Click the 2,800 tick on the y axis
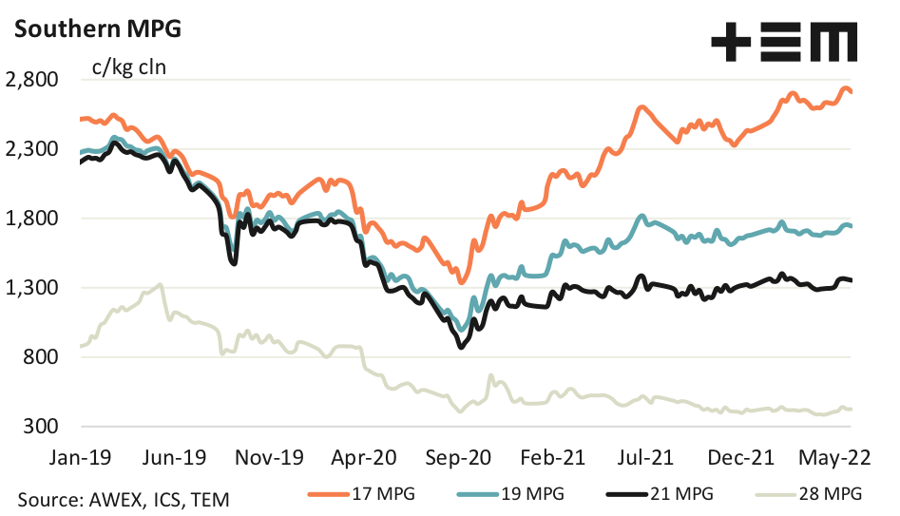point(32,80)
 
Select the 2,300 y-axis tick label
point(32,149)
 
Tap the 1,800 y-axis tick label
point(32,219)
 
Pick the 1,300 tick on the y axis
point(32,288)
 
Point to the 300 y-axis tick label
point(42,427)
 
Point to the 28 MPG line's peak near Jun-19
point(161,284)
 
